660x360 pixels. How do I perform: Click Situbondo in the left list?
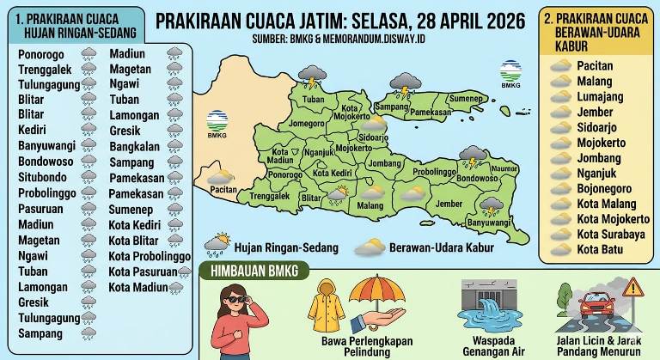41,175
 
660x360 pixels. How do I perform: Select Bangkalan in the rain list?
134,146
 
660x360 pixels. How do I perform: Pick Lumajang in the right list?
600,96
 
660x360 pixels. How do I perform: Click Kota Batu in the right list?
601,249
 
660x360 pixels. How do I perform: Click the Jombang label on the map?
384,162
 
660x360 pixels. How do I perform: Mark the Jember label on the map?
449,204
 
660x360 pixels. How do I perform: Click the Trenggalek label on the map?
268,196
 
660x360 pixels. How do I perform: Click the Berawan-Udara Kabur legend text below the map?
438,247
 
